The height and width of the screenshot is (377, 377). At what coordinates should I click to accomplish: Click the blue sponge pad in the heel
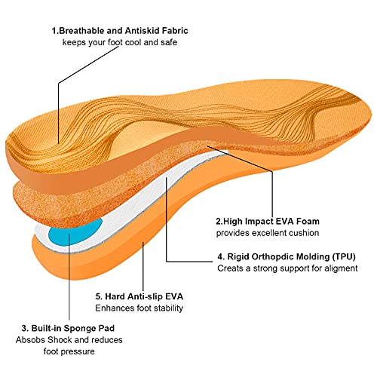click(75, 232)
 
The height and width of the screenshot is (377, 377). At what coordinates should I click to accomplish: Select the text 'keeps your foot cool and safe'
click(120, 42)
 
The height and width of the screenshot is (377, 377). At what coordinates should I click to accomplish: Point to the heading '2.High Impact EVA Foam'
click(268, 221)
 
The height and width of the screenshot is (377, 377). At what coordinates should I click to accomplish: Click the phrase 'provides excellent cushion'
click(268, 233)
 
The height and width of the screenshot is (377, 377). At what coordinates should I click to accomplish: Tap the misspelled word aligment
click(341, 268)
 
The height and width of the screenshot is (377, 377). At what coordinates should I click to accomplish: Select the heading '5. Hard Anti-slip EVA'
click(139, 296)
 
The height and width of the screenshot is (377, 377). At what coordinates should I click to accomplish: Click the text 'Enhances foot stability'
click(139, 308)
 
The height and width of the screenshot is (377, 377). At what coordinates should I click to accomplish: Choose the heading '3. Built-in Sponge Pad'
click(68, 328)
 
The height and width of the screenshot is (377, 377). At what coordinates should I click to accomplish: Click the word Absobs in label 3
click(31, 340)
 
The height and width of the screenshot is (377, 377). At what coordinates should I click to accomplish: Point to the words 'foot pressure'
click(69, 351)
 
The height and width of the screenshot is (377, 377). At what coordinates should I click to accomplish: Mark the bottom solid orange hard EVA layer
click(126, 251)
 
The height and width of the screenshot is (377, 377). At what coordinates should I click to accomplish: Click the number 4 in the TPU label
click(220, 257)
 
